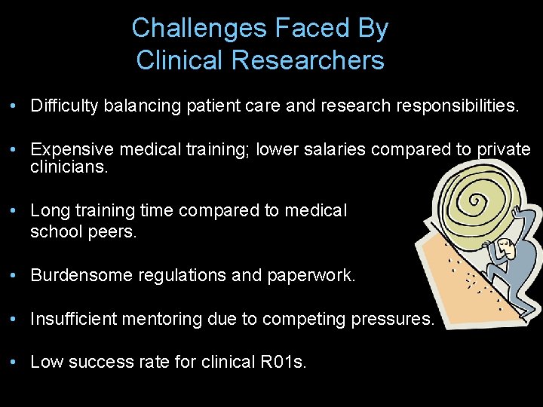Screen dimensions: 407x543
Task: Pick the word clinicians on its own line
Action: pyautogui.click(x=69, y=167)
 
